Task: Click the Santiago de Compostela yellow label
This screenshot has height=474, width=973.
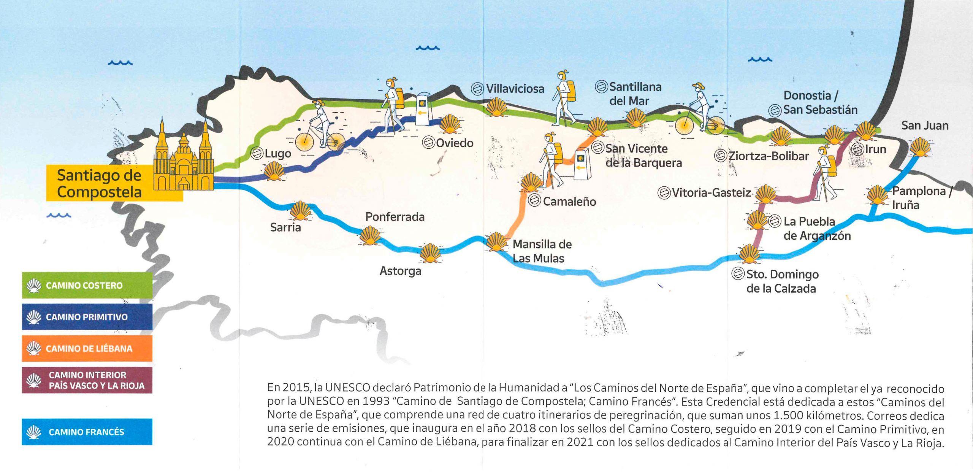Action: point(100,183)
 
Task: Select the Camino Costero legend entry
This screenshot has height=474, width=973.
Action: point(87,285)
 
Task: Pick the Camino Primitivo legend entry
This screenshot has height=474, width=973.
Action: point(87,317)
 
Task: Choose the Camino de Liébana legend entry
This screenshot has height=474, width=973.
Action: point(87,348)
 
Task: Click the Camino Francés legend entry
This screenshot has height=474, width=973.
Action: point(87,432)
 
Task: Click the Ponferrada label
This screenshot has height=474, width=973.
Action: point(395,217)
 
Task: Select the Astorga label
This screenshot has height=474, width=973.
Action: point(400,271)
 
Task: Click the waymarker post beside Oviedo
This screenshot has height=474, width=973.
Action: point(425,109)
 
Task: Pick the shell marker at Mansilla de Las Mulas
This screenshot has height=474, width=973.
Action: point(496,242)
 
